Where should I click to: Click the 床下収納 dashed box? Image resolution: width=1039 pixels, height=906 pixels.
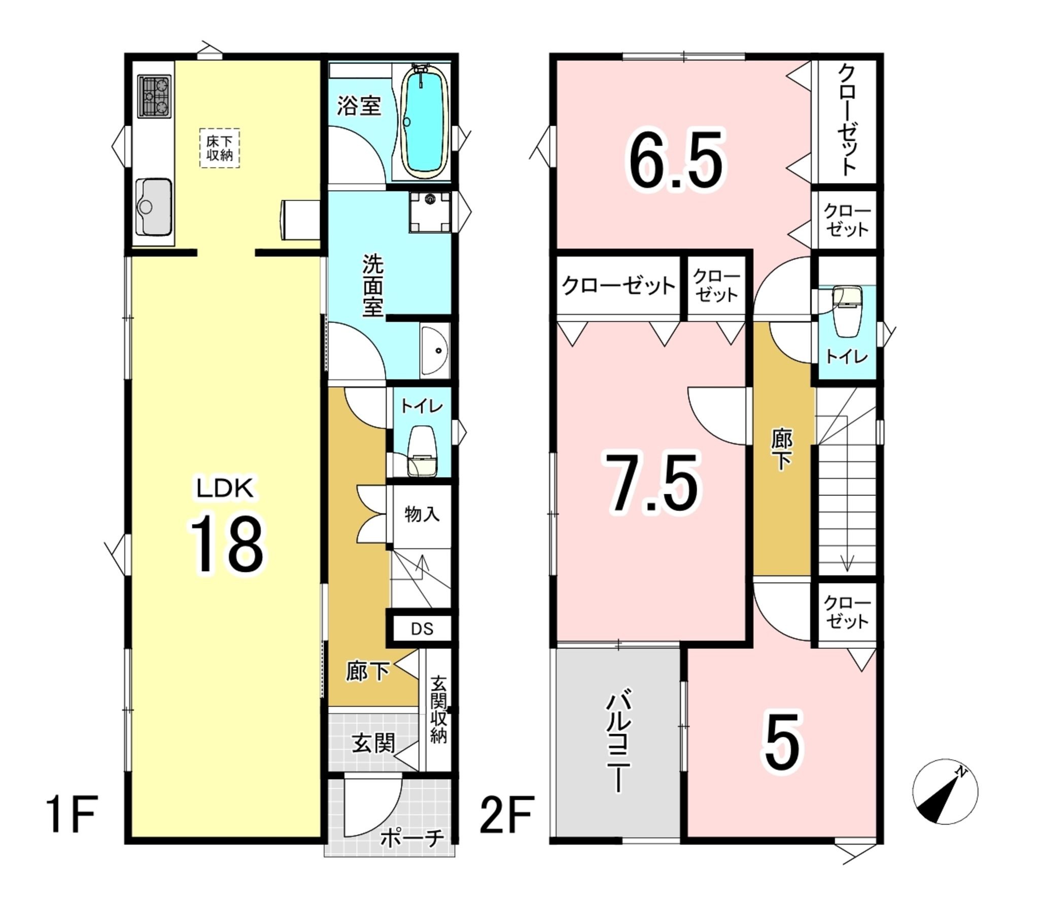click(x=219, y=148)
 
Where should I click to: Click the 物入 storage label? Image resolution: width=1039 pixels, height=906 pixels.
click(x=422, y=514)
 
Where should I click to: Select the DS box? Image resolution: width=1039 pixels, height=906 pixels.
click(x=422, y=629)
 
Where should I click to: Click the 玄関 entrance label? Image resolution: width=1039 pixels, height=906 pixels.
click(x=373, y=744)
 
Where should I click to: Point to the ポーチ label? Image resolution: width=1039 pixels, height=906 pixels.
click(x=412, y=838)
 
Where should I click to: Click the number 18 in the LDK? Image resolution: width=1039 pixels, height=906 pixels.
click(x=227, y=545)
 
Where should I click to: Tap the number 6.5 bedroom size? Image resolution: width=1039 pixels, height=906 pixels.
click(x=675, y=159)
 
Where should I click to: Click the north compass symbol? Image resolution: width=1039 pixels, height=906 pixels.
click(x=945, y=791)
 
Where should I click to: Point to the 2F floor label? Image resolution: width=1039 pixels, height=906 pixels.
click(x=507, y=814)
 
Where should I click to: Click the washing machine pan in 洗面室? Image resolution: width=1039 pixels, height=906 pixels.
click(x=430, y=212)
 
